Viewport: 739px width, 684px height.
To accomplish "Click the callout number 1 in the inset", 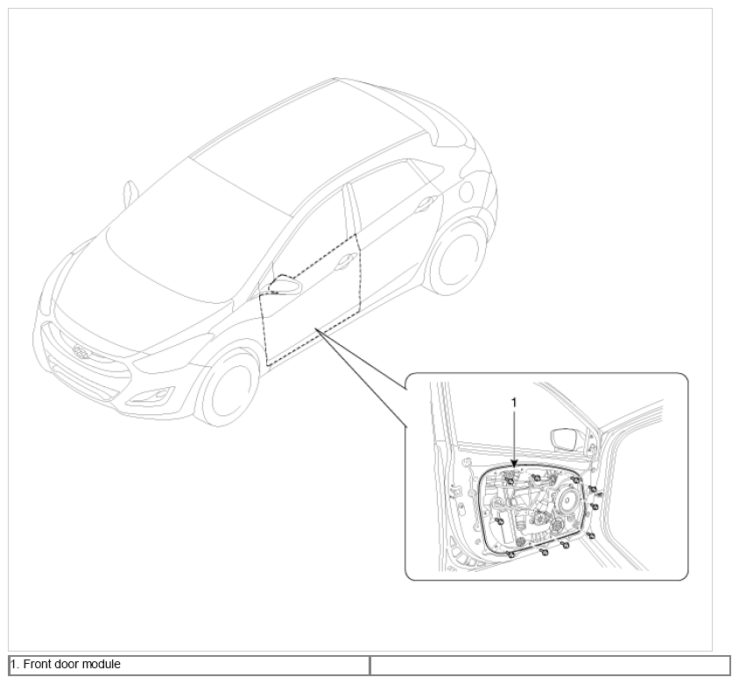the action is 514,403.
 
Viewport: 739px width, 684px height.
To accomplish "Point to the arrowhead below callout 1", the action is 514,463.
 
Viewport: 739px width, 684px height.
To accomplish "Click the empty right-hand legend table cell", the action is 550,665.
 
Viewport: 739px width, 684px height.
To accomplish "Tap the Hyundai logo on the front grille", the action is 81,351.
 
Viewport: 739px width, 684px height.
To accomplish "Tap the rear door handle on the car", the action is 425,204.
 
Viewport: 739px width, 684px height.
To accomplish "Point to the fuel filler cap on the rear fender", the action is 467,190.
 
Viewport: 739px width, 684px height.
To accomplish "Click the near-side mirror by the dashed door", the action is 285,286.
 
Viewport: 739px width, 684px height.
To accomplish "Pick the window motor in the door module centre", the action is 538,518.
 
